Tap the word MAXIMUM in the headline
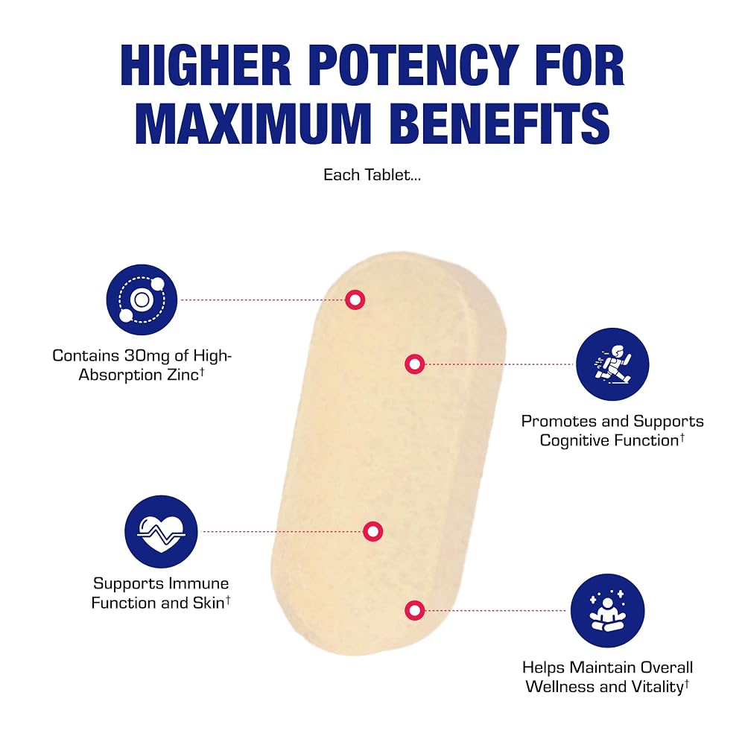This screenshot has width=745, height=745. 253,123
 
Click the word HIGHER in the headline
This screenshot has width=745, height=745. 206,65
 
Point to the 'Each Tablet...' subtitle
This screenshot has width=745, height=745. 372,175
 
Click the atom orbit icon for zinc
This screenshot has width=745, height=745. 142,299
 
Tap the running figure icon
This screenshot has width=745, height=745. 612,364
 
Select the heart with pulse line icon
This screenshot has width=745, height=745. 161,532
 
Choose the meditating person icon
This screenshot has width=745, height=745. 607,611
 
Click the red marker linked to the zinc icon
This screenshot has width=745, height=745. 355,299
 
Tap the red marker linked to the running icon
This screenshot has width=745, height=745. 415,364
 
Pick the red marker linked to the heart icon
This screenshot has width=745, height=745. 373,531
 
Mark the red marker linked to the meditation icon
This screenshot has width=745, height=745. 415,611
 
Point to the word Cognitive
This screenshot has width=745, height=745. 574,441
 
